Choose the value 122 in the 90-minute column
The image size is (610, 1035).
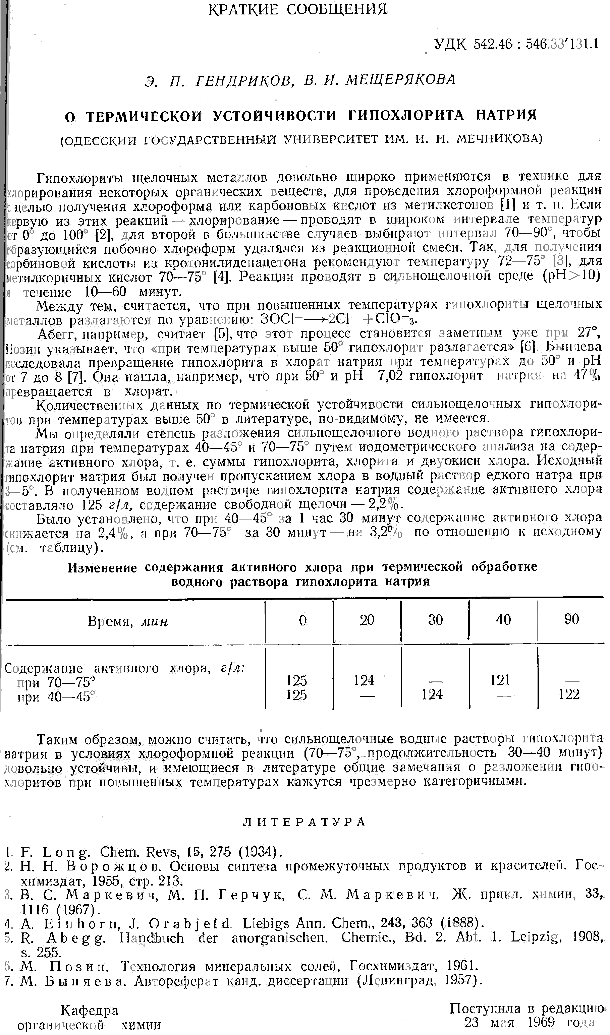pyautogui.click(x=569, y=694)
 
